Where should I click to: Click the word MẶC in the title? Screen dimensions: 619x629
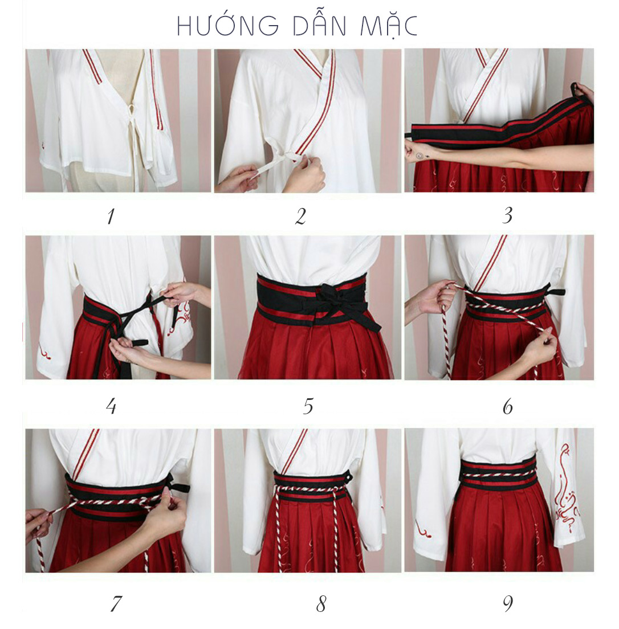[389, 26]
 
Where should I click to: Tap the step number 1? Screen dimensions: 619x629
[111, 217]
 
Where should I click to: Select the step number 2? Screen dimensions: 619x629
[301, 217]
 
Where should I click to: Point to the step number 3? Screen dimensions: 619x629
[507, 215]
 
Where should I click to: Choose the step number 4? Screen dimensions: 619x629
[111, 406]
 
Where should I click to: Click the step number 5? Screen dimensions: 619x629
[308, 406]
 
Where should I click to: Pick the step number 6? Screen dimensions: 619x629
[508, 407]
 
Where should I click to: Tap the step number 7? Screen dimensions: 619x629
[116, 603]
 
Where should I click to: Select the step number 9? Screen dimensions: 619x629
[508, 603]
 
